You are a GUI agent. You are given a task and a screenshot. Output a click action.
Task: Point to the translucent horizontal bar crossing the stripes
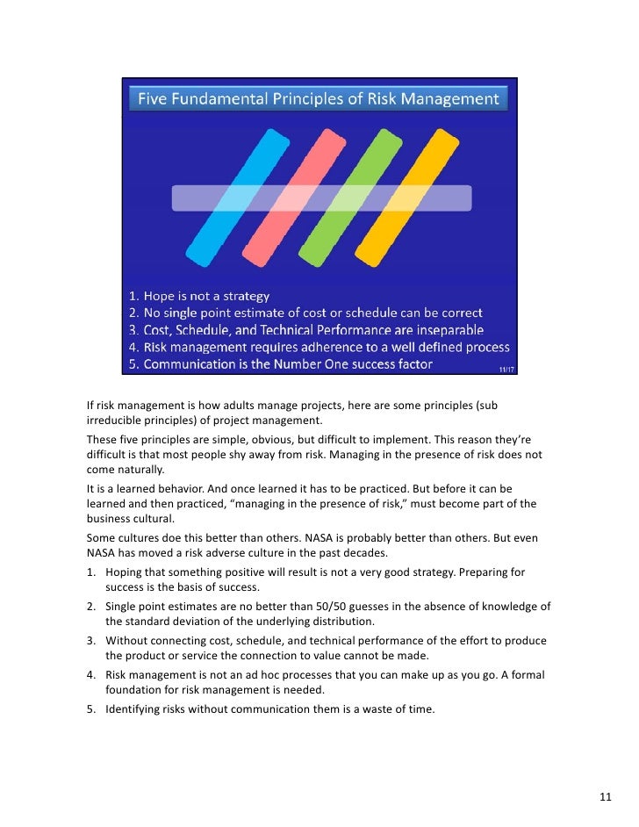point(320,198)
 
